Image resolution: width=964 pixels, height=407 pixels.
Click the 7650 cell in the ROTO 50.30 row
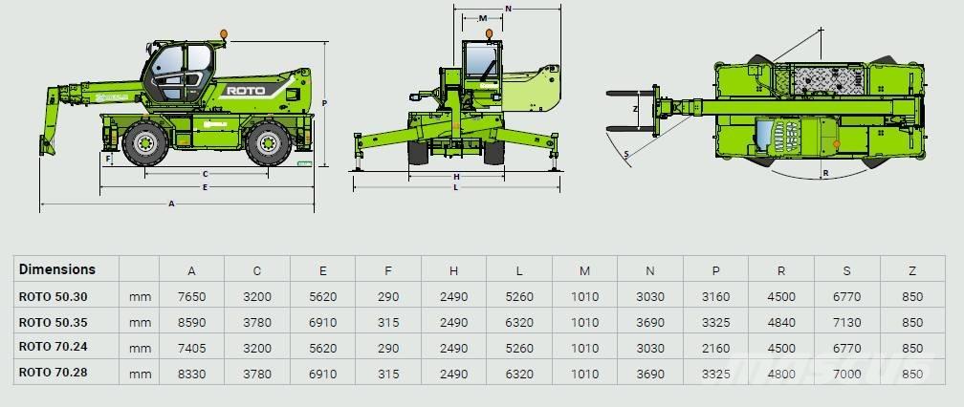pos(192,297)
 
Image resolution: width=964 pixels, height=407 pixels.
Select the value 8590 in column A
pos(192,323)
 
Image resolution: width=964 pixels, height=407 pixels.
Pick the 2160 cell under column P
pos(715,349)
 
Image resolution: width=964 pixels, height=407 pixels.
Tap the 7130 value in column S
pos(846,323)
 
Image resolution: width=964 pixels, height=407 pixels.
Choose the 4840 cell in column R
pos(781,323)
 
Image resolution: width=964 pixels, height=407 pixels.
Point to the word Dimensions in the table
pos(57,270)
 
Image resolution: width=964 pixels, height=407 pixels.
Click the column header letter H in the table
pos(454,271)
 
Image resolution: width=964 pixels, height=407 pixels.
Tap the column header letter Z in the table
pos(911,271)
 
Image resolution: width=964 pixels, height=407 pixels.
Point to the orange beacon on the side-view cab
pos(224,35)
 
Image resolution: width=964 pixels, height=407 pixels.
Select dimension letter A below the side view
pos(171,203)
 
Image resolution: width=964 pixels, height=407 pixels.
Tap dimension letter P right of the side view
pos(325,102)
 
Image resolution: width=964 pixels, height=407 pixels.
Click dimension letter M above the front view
pos(483,18)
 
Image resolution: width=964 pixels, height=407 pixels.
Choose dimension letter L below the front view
pos(455,187)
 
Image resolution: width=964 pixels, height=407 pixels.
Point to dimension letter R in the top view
pos(824,174)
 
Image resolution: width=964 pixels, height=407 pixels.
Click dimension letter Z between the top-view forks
pos(635,110)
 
